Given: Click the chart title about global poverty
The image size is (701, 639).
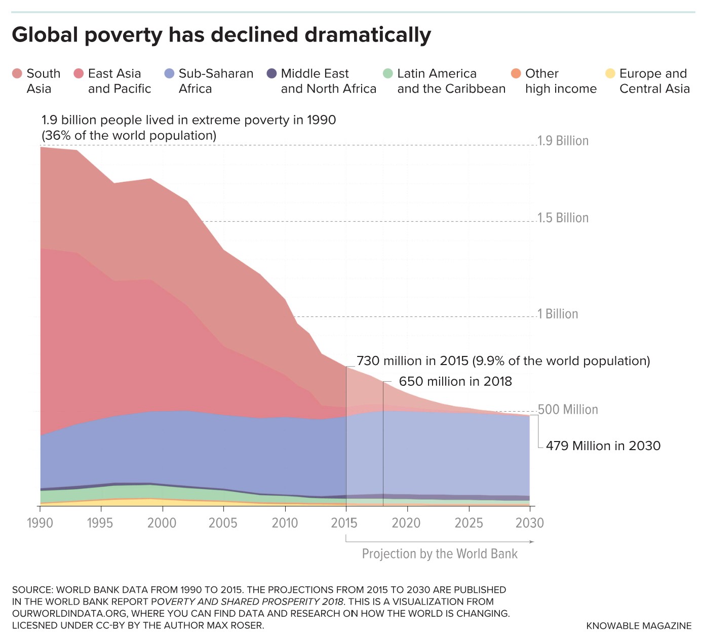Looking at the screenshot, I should tap(221, 35).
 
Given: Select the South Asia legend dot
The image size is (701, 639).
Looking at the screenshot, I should tap(17, 74).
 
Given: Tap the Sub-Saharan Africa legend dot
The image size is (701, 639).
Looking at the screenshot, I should tap(170, 74).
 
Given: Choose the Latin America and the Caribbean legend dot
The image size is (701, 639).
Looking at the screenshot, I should tap(388, 74).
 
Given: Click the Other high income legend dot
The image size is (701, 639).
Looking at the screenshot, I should tap(516, 74).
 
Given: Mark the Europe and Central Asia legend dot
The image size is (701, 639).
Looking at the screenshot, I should tap(610, 74).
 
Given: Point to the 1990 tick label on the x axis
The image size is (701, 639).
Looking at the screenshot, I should tap(40, 523).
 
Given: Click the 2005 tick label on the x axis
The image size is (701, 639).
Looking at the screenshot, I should tap(223, 523).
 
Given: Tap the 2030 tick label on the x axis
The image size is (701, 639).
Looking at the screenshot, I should tap(529, 523).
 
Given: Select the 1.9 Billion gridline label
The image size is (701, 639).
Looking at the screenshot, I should tap(563, 141).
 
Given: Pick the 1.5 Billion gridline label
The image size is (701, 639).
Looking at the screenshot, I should tap(563, 218).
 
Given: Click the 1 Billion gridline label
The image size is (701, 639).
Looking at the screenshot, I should tap(558, 314).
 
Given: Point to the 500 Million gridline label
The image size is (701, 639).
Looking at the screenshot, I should tap(568, 409).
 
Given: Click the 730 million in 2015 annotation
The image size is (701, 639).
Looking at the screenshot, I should tap(503, 361).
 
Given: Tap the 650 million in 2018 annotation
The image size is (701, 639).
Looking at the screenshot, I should tap(455, 381).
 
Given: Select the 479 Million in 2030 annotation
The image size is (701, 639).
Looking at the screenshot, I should tap(603, 446).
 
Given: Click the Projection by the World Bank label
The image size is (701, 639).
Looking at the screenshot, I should tap(440, 554).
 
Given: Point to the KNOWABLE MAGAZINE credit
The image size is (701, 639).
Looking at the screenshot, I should tap(638, 626).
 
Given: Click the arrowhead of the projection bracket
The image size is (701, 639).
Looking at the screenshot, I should tap(532, 542).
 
